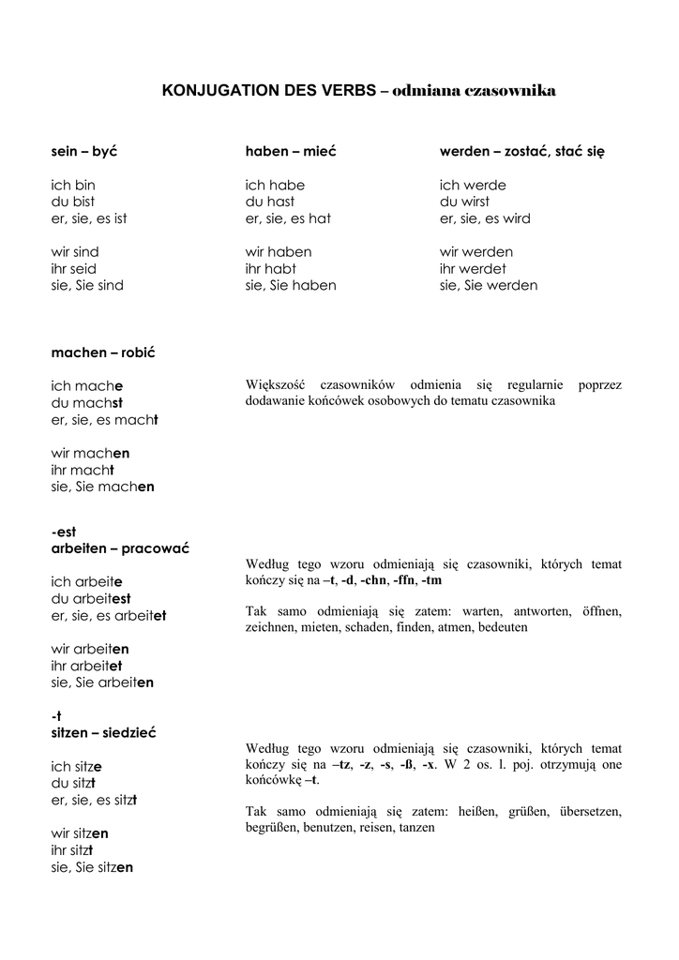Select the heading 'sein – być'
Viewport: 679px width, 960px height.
(x=84, y=152)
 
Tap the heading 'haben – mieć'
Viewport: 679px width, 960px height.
(x=291, y=152)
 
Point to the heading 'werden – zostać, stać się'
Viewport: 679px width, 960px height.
(x=522, y=152)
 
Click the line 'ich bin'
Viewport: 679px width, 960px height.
(x=73, y=186)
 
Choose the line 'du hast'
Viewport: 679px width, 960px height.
(x=270, y=202)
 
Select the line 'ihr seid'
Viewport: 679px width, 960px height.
(x=74, y=269)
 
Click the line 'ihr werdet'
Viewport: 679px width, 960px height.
(x=474, y=269)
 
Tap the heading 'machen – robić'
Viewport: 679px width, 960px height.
(x=102, y=353)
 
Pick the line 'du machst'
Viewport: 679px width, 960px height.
(x=87, y=403)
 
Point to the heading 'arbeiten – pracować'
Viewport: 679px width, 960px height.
(x=120, y=548)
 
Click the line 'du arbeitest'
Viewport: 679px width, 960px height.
(x=91, y=598)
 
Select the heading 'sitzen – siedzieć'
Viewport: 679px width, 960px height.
(x=103, y=733)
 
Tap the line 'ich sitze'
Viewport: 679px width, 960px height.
(x=77, y=767)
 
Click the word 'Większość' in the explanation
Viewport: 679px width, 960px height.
(x=277, y=385)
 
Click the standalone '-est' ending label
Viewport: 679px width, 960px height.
(x=64, y=532)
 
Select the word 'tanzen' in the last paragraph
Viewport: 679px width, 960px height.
(x=416, y=828)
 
